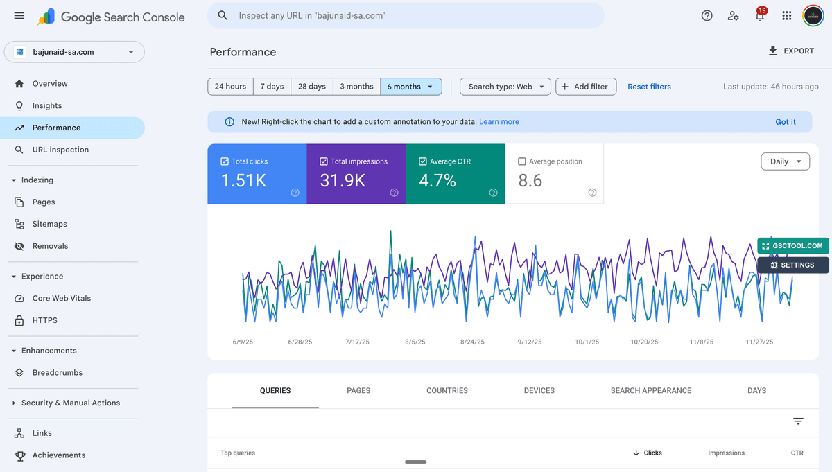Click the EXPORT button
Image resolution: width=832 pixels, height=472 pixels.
click(791, 51)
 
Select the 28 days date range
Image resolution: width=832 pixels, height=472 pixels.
click(311, 87)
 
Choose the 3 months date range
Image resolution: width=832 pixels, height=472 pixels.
click(356, 87)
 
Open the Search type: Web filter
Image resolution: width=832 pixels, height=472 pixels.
click(505, 87)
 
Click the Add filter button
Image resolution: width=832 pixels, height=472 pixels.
click(585, 87)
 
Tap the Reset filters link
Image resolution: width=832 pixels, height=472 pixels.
click(649, 87)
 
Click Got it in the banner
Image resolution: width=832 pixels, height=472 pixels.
click(785, 122)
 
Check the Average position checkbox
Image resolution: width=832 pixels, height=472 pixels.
click(522, 161)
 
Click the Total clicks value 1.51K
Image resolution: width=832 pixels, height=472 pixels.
click(243, 181)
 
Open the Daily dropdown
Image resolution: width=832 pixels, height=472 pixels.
click(785, 161)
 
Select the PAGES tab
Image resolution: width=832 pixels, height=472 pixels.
click(358, 391)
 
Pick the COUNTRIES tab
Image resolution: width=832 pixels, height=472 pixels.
click(447, 391)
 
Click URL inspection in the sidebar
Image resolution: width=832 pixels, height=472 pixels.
click(60, 150)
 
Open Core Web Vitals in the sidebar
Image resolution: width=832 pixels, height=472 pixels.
click(61, 298)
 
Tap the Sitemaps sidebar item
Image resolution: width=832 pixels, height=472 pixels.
click(49, 224)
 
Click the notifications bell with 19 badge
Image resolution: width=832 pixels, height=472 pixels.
click(760, 16)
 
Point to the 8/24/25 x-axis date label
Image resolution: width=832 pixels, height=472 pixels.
click(472, 342)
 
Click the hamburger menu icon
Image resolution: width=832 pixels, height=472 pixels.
click(19, 16)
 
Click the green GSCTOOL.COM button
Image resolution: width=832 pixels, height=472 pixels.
click(793, 246)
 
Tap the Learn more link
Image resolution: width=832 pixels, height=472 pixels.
click(499, 122)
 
